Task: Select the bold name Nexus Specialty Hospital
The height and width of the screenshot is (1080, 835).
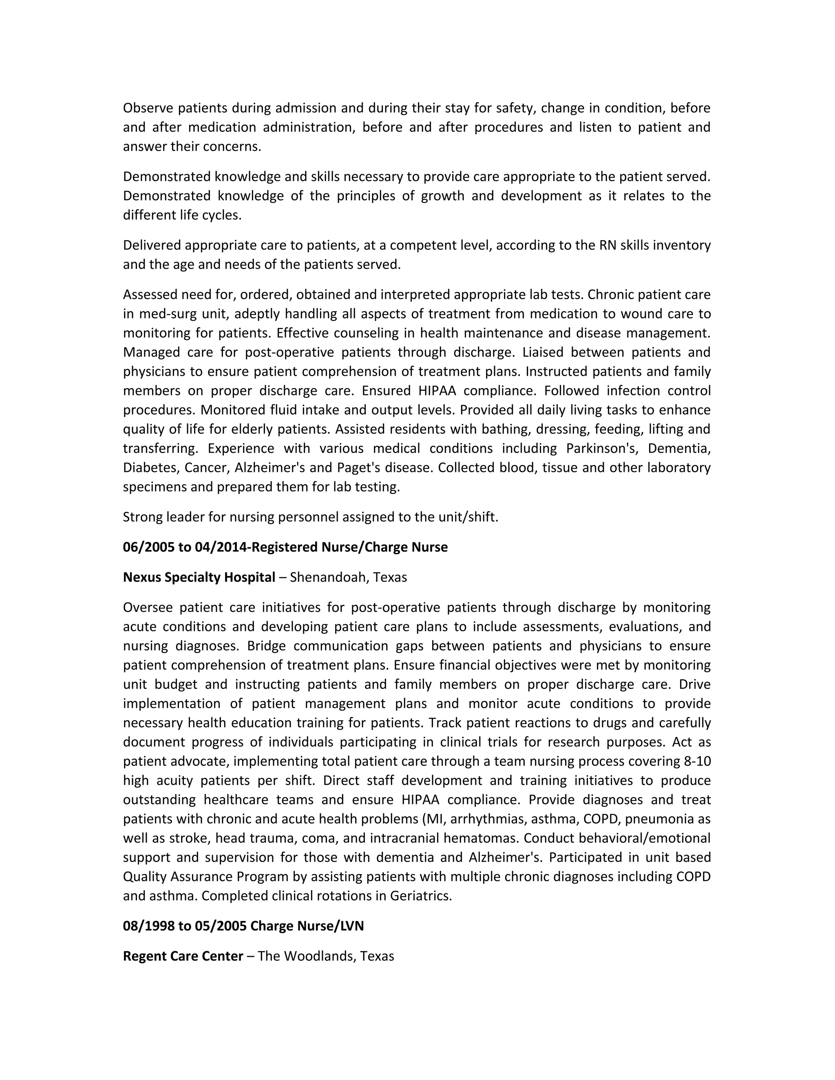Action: coord(199,577)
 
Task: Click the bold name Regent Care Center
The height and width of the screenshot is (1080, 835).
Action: coord(183,956)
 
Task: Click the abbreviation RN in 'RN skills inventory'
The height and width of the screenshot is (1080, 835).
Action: coord(607,245)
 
